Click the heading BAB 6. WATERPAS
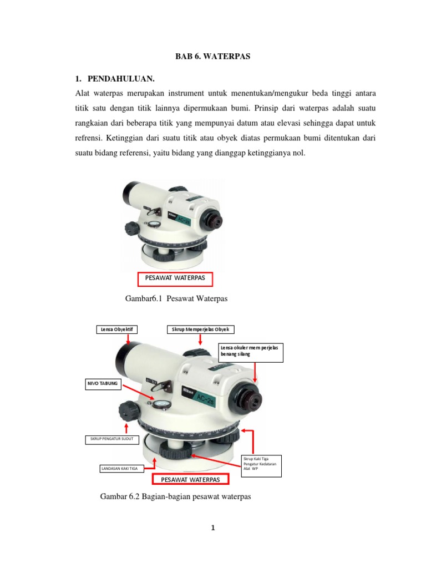[212, 57]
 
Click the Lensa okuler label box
[251, 352]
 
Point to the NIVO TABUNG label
[103, 383]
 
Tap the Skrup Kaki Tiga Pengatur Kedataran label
[261, 464]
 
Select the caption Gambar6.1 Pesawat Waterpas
[176, 299]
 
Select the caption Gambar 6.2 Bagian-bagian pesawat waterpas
[175, 496]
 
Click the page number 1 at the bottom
[213, 528]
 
